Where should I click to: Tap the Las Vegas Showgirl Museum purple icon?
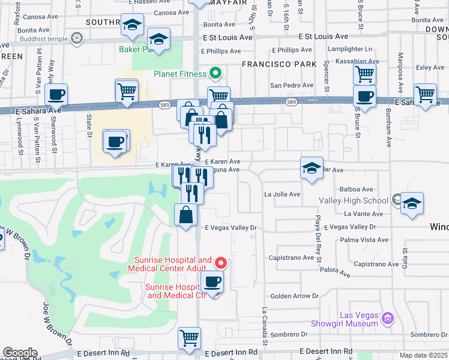(387, 317)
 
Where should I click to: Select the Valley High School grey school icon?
(397, 199)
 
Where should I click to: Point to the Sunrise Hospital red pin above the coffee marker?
(221, 263)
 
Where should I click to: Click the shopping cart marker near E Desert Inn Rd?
(189, 338)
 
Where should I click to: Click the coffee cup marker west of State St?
(56, 95)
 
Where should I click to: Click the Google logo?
(20, 353)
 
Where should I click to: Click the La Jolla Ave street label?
(282, 194)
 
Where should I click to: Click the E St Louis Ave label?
(228, 37)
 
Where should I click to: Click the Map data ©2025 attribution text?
(423, 355)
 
